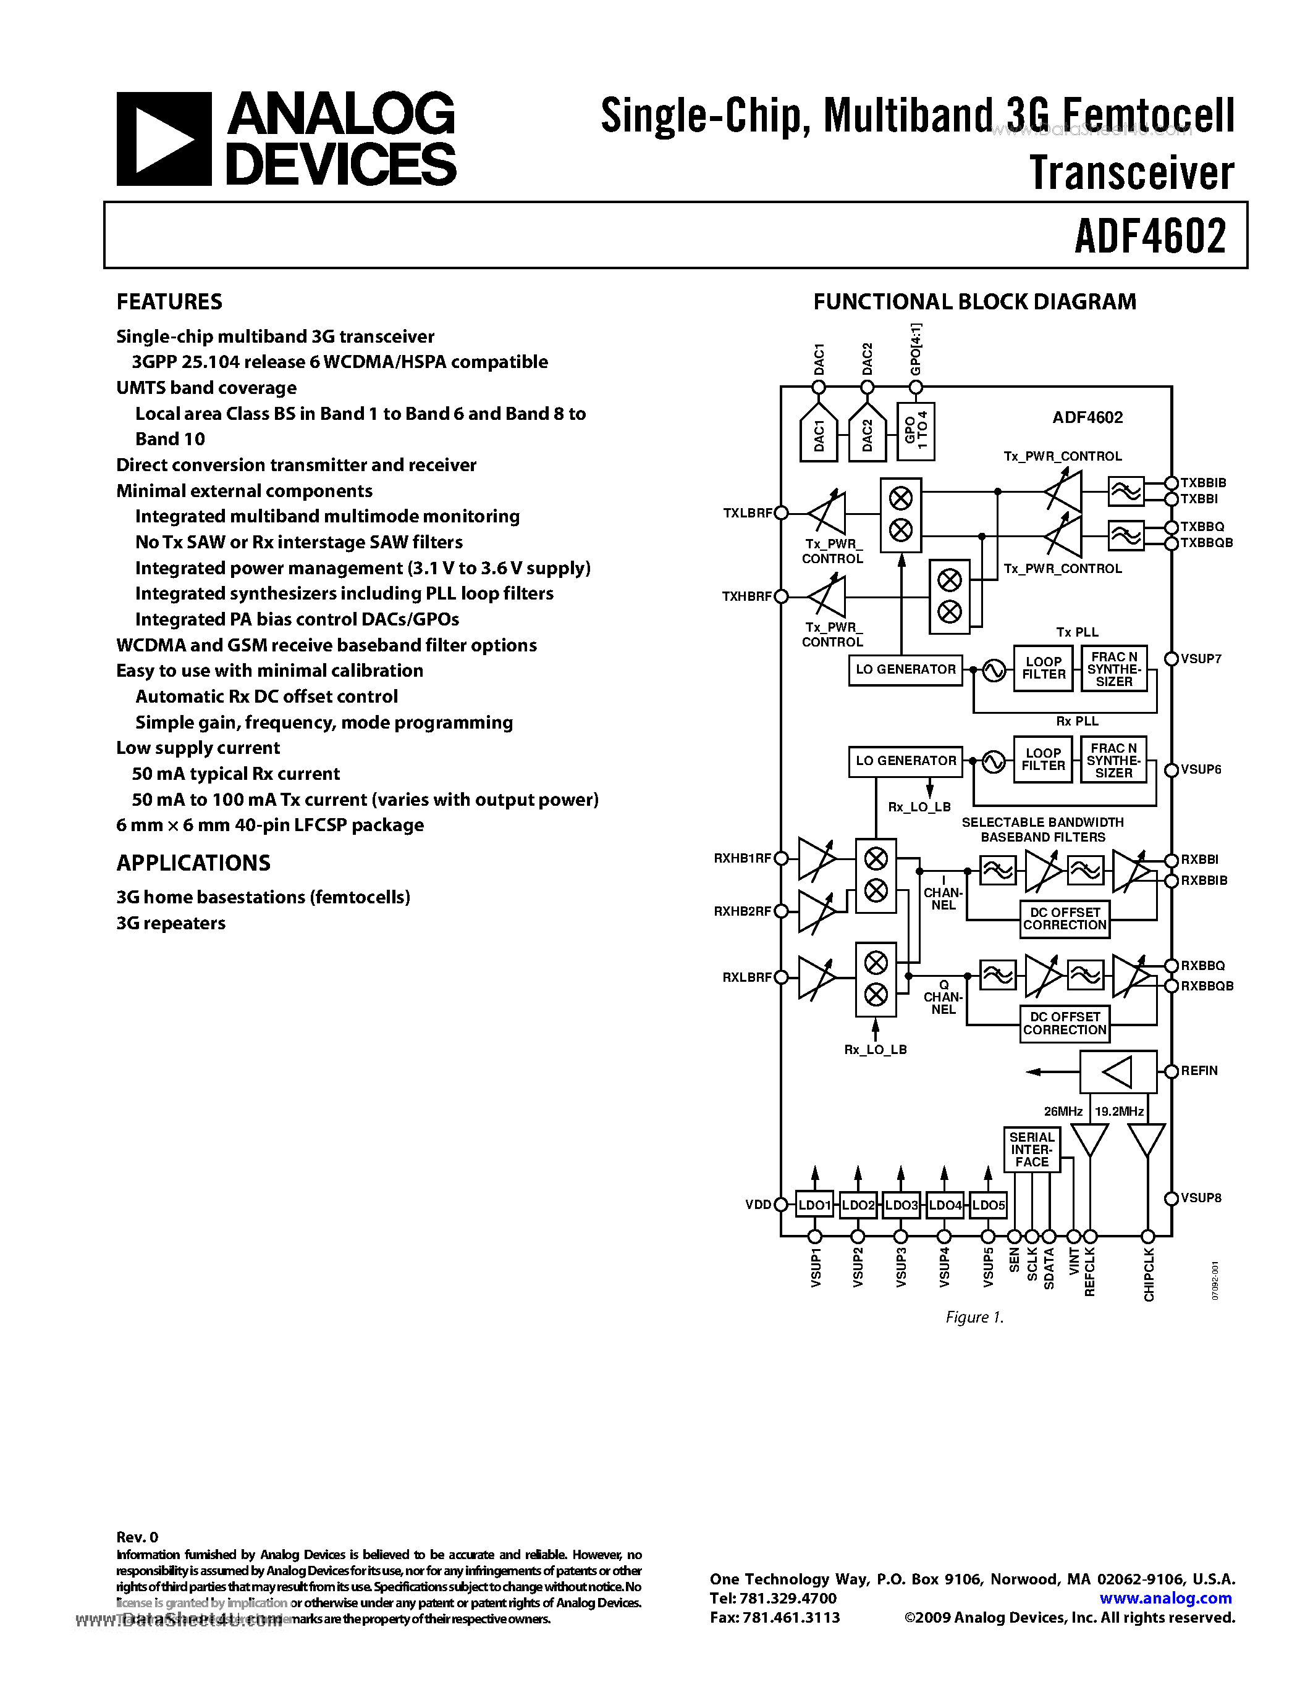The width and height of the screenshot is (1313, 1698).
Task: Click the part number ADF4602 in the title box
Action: click(x=1150, y=236)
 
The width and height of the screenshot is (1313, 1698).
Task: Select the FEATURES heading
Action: click(x=169, y=302)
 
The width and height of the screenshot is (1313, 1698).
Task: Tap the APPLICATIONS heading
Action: click(x=193, y=863)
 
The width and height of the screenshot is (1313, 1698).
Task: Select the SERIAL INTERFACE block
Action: click(x=1031, y=1149)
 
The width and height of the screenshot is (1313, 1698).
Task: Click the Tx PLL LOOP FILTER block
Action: click(x=1043, y=669)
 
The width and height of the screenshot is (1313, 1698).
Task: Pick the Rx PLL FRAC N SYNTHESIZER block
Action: click(x=1113, y=760)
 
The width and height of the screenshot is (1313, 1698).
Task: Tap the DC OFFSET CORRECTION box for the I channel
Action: click(x=1064, y=919)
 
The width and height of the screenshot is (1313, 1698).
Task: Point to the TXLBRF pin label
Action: click(x=747, y=513)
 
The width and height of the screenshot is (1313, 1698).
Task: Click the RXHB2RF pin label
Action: click(x=742, y=911)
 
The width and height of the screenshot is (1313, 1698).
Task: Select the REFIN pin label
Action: click(x=1199, y=1071)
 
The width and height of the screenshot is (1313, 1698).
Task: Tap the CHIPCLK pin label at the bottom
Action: click(x=1148, y=1275)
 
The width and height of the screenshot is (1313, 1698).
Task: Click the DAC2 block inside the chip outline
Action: click(x=868, y=435)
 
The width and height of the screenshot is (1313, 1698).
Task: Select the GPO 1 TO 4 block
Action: click(x=916, y=432)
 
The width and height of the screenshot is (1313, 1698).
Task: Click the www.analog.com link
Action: click(x=1165, y=1599)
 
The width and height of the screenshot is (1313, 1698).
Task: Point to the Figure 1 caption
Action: click(x=974, y=1317)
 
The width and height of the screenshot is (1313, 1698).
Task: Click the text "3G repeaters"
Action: click(x=171, y=923)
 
